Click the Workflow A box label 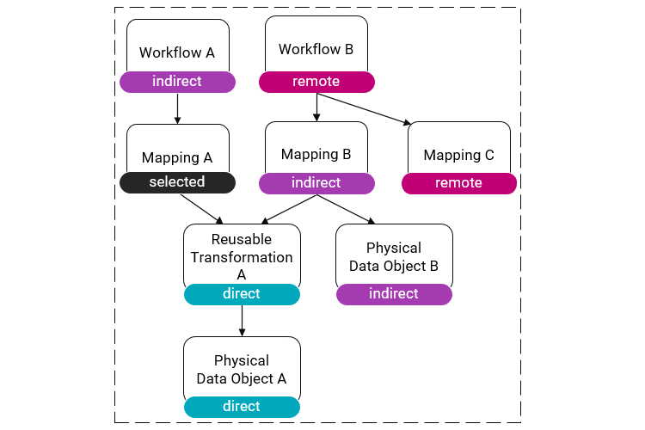pyautogui.click(x=177, y=52)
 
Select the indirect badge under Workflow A pyautogui.click(x=177, y=82)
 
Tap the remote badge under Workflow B pyautogui.click(x=316, y=82)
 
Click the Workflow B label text pyautogui.click(x=316, y=49)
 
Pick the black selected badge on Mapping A pyautogui.click(x=177, y=182)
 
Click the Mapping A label pyautogui.click(x=177, y=157)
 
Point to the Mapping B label pyautogui.click(x=316, y=155)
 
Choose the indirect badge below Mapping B pyautogui.click(x=316, y=183)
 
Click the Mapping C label pyautogui.click(x=458, y=156)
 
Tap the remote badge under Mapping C pyautogui.click(x=458, y=183)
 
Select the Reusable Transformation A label pyautogui.click(x=242, y=256)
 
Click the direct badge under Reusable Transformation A pyautogui.click(x=242, y=294)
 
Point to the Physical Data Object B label pyautogui.click(x=393, y=257)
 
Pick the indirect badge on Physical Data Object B pyautogui.click(x=393, y=294)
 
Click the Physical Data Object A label pyautogui.click(x=242, y=369)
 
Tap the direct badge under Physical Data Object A pyautogui.click(x=242, y=407)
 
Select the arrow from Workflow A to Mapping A pyautogui.click(x=177, y=108)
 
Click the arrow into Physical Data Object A pyautogui.click(x=242, y=321)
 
